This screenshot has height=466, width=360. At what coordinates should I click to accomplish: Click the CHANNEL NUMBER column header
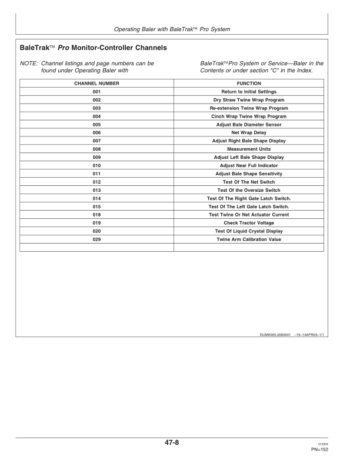[97, 84]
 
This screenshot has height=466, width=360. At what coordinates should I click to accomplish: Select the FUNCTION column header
[248, 84]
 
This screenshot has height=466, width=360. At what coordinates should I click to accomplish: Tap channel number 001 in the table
[97, 92]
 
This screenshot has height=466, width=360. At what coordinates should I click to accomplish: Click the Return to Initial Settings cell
[248, 92]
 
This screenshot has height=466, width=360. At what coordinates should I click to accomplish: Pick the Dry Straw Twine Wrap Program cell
[248, 100]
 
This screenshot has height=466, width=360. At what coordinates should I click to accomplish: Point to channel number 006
[97, 133]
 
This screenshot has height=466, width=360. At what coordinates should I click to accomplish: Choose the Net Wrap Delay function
[248, 133]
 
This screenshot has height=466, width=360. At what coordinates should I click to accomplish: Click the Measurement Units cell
[248, 149]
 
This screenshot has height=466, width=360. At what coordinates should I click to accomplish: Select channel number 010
[97, 166]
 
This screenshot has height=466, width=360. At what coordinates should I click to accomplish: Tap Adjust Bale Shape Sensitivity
[248, 174]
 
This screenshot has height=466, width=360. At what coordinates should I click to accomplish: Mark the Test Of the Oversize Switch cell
[248, 191]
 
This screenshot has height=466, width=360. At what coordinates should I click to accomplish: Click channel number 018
[97, 215]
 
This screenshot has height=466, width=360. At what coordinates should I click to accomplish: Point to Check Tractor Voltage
[248, 223]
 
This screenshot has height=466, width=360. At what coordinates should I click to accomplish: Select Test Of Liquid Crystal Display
[248, 231]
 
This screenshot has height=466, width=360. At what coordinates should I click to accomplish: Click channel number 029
[97, 239]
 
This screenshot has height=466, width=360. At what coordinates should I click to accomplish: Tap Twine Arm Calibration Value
[248, 239]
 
